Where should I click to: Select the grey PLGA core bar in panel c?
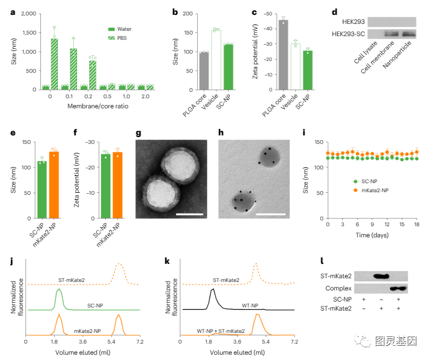point(283,53)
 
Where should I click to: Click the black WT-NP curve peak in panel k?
point(213,290)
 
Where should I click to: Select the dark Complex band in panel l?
point(399,289)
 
